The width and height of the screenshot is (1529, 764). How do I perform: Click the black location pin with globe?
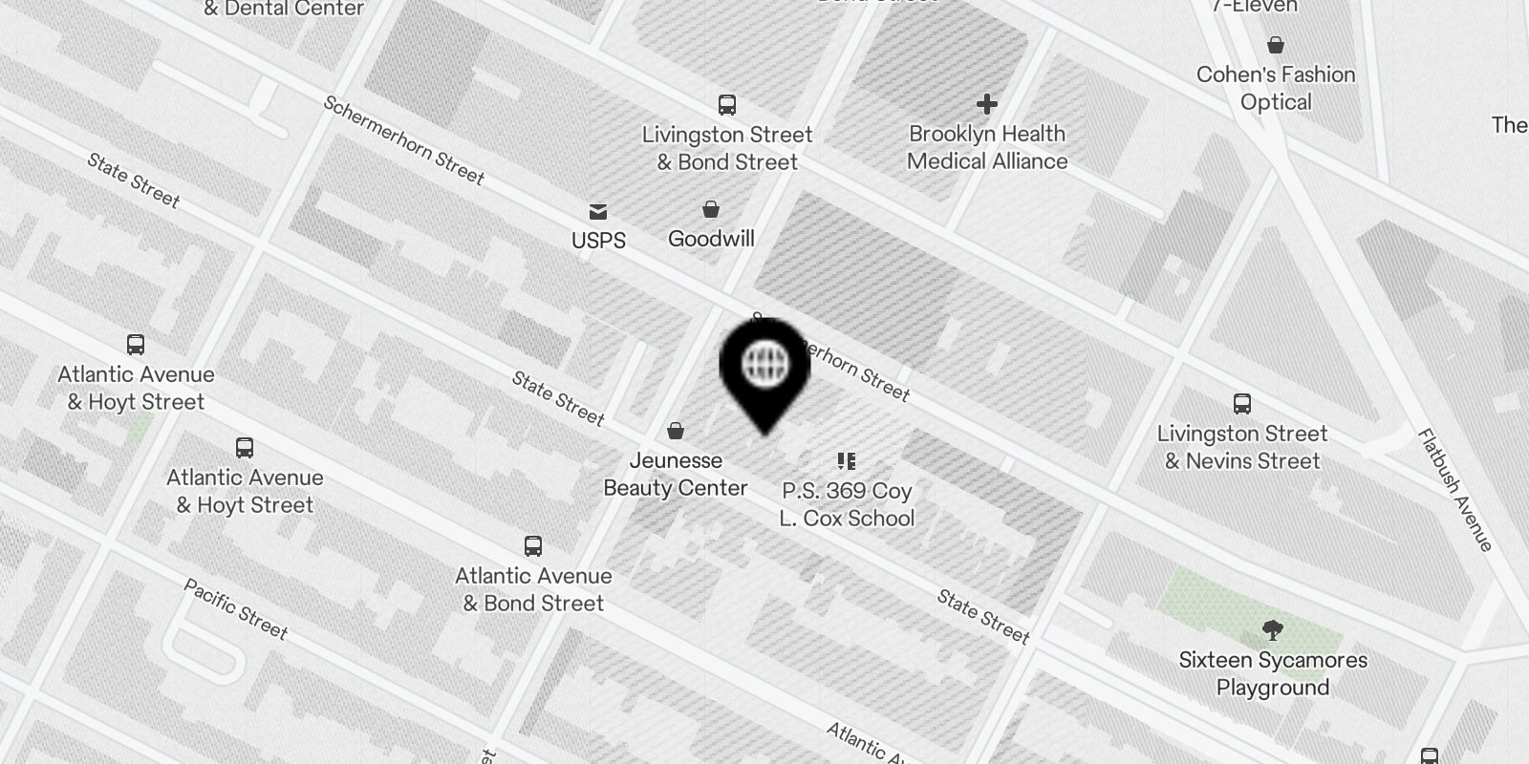(764, 367)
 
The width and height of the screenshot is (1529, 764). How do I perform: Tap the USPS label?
(598, 241)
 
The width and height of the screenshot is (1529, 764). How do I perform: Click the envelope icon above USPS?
(598, 211)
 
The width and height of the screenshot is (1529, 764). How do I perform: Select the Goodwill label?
(711, 239)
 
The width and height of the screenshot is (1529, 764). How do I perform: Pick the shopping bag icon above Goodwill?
(711, 209)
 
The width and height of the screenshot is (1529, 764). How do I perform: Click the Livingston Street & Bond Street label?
(727, 148)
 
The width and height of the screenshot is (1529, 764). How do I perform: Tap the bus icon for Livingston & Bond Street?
(727, 104)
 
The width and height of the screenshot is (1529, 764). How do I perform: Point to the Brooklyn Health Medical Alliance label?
(987, 147)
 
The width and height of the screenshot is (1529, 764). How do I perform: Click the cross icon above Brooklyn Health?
(987, 103)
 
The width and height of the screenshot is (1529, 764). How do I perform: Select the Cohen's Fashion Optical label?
(1276, 88)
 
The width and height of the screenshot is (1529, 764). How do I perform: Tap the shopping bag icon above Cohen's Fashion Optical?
(1276, 45)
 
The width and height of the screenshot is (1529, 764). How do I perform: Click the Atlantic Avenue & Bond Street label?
(533, 589)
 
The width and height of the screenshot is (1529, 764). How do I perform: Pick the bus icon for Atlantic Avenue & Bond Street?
(533, 546)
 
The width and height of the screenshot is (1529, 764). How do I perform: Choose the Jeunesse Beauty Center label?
(676, 474)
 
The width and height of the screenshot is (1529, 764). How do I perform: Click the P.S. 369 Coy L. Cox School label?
(847, 504)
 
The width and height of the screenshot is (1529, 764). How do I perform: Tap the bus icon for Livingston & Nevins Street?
(1242, 404)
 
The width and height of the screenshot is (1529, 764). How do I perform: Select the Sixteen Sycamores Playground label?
(1273, 673)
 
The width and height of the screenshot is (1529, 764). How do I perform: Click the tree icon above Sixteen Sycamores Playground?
(1272, 630)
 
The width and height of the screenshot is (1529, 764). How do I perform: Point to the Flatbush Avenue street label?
(1455, 490)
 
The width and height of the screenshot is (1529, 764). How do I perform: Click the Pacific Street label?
(235, 608)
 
